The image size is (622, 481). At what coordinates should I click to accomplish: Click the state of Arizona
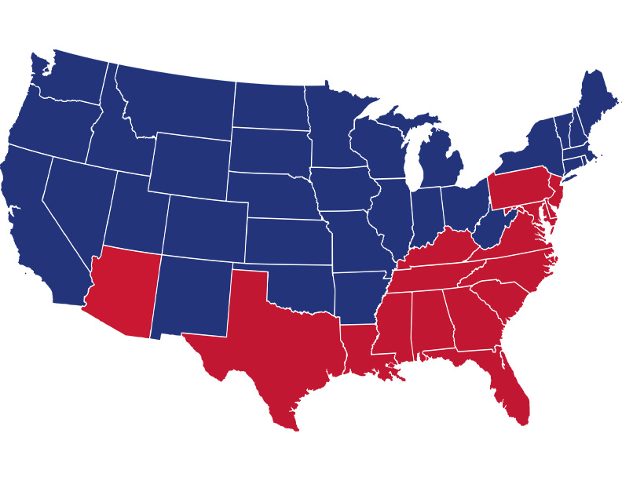click(x=122, y=294)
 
